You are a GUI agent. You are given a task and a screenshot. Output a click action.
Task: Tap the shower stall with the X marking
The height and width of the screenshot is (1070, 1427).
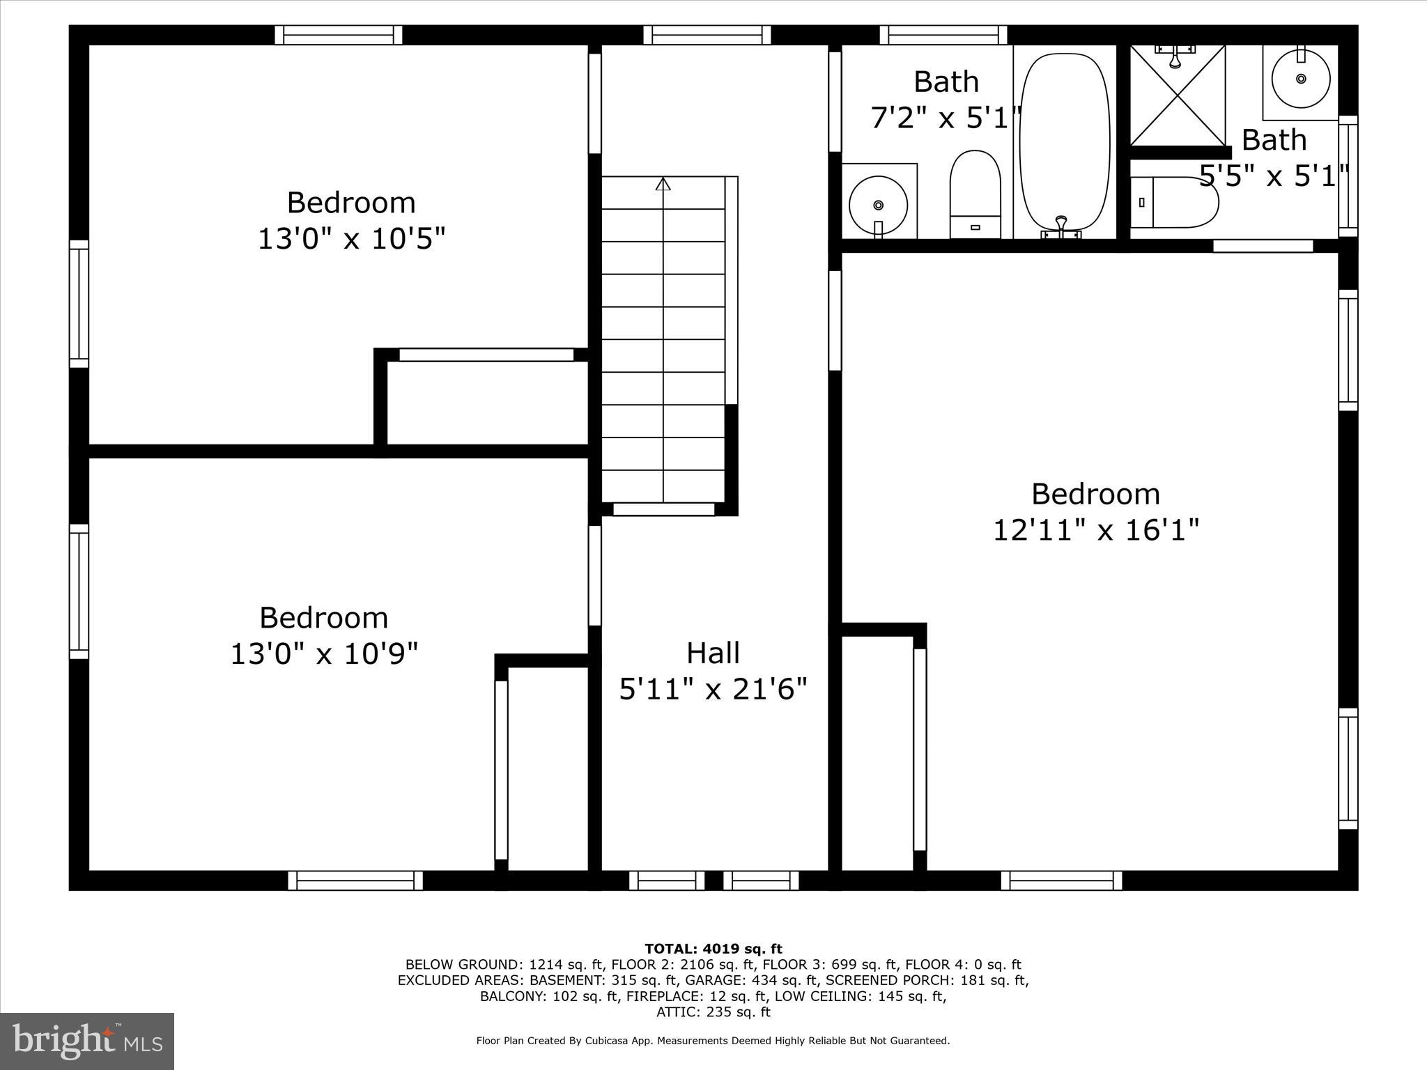click(1177, 95)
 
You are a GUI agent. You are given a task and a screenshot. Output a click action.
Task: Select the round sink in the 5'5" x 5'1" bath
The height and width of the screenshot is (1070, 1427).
click(1300, 79)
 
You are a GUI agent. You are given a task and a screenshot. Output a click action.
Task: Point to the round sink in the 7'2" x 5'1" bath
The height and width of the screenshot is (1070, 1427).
click(878, 205)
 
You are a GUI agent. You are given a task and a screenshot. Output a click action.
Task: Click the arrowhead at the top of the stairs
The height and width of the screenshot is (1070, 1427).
click(663, 184)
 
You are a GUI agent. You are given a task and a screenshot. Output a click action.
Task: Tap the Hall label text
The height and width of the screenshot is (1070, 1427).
click(713, 653)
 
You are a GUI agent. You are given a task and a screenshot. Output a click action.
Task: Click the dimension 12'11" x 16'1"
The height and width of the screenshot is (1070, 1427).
click(1095, 531)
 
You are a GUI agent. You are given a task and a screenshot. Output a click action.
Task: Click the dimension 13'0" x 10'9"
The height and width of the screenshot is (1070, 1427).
click(324, 655)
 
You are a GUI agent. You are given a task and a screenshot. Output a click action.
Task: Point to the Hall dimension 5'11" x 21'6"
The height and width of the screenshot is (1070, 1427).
click(713, 690)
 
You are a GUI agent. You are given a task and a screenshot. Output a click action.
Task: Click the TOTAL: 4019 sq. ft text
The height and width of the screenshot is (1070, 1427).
click(713, 949)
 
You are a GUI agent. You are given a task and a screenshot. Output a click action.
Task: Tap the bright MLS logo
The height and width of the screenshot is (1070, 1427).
click(87, 1041)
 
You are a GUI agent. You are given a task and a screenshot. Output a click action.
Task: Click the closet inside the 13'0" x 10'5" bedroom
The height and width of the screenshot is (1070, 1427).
click(487, 402)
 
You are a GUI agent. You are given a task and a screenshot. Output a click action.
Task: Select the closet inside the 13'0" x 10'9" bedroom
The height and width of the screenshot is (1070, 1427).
click(548, 766)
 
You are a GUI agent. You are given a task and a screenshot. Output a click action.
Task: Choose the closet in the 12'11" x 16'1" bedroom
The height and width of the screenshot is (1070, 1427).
click(877, 752)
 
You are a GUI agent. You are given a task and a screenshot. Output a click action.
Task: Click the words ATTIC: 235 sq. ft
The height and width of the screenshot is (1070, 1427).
click(713, 1012)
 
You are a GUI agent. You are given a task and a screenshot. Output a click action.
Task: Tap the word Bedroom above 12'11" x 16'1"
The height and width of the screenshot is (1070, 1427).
click(1095, 495)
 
